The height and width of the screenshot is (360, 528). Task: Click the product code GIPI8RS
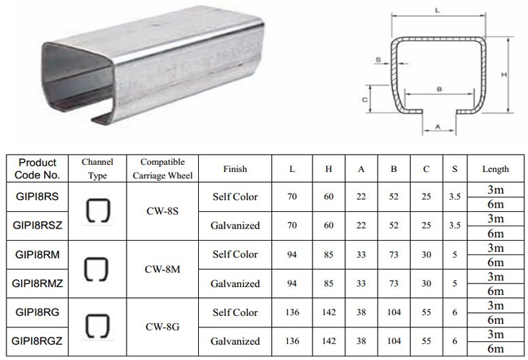(x=37, y=196)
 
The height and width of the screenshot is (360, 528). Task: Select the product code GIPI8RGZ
(x=37, y=340)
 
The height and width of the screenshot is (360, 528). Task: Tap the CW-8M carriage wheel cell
(x=162, y=269)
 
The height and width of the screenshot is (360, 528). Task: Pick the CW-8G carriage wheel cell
(x=162, y=327)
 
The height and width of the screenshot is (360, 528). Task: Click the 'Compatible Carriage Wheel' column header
(x=162, y=168)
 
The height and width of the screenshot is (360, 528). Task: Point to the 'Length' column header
(x=495, y=169)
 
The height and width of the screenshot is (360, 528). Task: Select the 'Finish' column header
(x=235, y=168)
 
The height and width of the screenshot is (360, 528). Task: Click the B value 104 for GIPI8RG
(x=393, y=312)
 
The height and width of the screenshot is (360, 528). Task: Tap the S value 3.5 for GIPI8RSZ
(x=455, y=225)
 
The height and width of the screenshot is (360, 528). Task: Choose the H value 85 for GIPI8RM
(x=328, y=254)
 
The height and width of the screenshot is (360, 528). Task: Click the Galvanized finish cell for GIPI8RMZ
(x=235, y=283)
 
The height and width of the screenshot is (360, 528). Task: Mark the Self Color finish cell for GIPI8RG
(x=235, y=312)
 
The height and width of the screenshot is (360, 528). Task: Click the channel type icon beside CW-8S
(x=98, y=211)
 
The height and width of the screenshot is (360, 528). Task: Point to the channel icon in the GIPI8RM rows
(x=96, y=269)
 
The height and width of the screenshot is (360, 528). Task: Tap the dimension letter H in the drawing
(x=503, y=74)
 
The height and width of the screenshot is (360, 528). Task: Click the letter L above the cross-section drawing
(x=438, y=10)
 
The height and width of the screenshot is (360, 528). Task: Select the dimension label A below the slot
(x=438, y=127)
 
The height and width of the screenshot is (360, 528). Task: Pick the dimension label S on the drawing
(x=378, y=60)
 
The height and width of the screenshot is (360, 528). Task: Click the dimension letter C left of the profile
(x=365, y=100)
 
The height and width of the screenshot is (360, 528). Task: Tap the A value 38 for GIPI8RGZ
(x=361, y=341)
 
